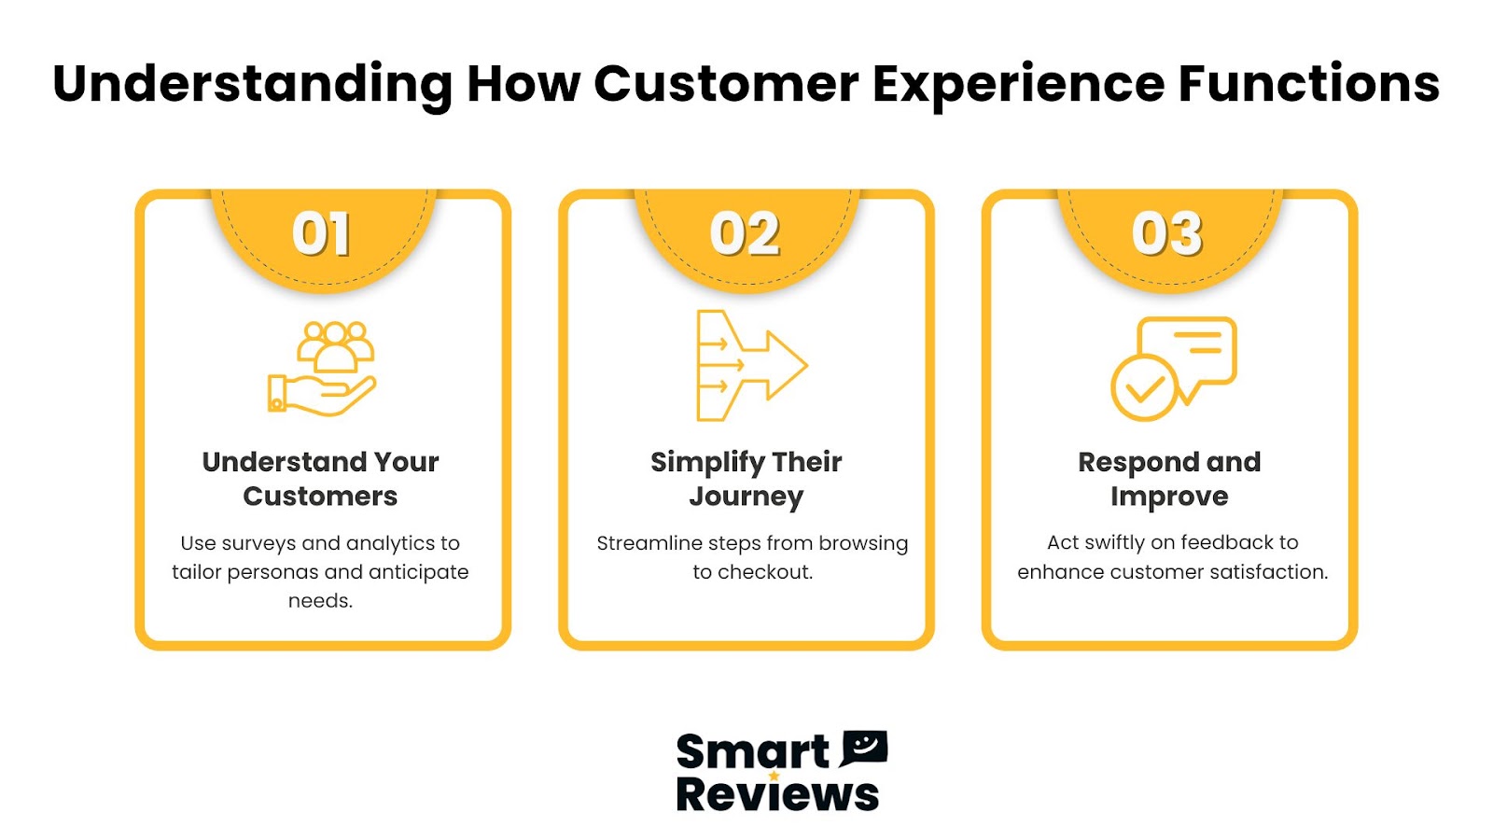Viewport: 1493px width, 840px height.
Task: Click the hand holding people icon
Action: pos(322,369)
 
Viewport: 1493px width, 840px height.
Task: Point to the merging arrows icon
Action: pos(751,365)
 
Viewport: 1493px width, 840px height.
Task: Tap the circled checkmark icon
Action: pos(1144,388)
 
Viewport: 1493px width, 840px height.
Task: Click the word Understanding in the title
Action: pos(253,85)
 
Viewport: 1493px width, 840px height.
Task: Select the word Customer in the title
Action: pos(726,84)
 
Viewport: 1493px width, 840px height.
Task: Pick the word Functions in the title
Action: pos(1309,84)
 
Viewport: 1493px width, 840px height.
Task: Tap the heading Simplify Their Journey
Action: pos(746,480)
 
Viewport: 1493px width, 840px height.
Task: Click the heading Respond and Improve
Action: pos(1169,480)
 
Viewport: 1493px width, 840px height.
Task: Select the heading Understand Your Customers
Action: pos(321,479)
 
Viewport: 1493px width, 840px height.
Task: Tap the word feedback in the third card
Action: pos(1226,542)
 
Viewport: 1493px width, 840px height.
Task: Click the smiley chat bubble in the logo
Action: pos(864,748)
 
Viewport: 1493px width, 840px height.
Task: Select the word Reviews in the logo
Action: pos(777,794)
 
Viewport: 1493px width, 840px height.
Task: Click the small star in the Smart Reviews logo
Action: pos(774,776)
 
